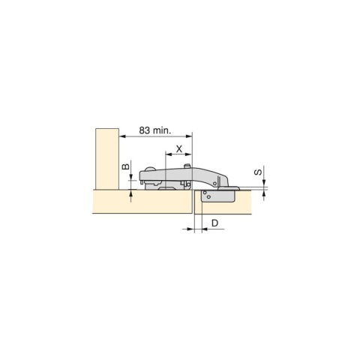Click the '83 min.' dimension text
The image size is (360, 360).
click(x=154, y=130)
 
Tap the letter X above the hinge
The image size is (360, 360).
click(x=178, y=148)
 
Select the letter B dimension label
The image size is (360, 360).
click(x=126, y=168)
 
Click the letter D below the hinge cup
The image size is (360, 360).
click(x=214, y=223)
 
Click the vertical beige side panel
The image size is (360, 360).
click(x=105, y=159)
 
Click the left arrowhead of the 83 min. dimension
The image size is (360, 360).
click(x=122, y=136)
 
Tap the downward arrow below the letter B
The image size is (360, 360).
click(x=132, y=177)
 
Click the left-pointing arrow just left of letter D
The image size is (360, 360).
click(x=205, y=230)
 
